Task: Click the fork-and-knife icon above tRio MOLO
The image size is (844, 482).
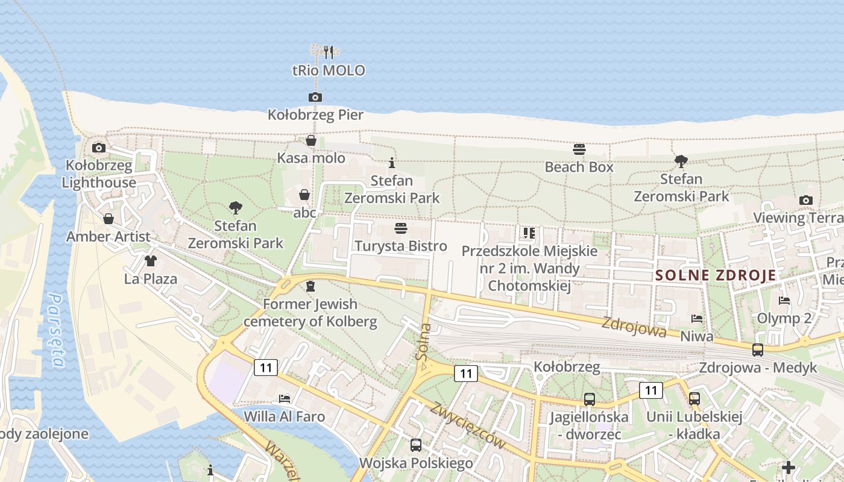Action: click(x=329, y=52)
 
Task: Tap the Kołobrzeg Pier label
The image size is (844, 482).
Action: click(x=315, y=114)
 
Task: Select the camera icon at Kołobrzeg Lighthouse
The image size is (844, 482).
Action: click(x=99, y=148)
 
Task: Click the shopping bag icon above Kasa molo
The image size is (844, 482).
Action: click(x=311, y=141)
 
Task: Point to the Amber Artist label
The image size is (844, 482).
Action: click(x=109, y=236)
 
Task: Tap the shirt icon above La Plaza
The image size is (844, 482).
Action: click(x=150, y=261)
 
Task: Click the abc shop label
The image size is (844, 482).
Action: click(x=305, y=212)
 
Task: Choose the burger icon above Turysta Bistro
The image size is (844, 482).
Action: click(x=401, y=228)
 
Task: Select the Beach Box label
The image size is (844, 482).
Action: click(x=579, y=167)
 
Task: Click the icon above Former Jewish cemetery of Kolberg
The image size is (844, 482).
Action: click(x=310, y=286)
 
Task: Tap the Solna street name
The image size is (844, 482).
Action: click(x=424, y=342)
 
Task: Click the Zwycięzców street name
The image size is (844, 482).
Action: click(x=467, y=425)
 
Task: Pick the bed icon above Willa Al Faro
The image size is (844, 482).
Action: click(x=285, y=399)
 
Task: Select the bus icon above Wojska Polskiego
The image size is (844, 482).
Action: click(x=416, y=445)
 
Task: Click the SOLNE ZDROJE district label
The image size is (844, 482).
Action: click(x=716, y=276)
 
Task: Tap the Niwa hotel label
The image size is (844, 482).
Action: click(x=696, y=336)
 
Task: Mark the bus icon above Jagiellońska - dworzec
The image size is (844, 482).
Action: click(x=589, y=399)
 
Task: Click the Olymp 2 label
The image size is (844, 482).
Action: click(x=784, y=318)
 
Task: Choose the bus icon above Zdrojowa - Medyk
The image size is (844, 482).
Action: click(x=758, y=350)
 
